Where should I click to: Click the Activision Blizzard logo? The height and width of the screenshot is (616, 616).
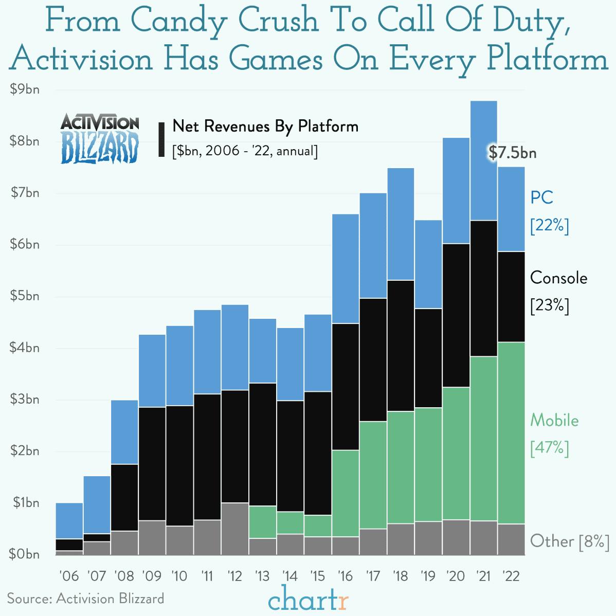click(x=100, y=138)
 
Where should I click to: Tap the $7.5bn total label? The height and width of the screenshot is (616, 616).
click(x=512, y=153)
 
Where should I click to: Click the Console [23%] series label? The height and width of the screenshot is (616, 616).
click(x=558, y=291)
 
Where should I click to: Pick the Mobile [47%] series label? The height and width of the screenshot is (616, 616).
click(x=554, y=434)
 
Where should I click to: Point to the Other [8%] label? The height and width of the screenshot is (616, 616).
click(x=569, y=541)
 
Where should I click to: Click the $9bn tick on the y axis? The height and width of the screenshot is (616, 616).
click(x=25, y=89)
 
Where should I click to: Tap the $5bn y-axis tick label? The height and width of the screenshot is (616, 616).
click(x=25, y=296)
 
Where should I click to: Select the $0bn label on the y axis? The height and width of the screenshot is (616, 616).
click(x=25, y=554)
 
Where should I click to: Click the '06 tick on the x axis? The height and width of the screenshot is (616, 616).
click(x=69, y=576)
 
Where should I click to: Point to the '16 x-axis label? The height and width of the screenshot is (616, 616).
click(x=345, y=576)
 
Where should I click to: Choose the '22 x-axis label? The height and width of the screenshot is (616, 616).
click(x=511, y=576)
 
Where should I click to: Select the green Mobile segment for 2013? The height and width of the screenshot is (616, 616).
click(x=262, y=521)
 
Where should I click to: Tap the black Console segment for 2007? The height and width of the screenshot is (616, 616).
click(x=97, y=537)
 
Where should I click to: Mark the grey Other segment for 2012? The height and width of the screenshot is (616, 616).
click(x=234, y=529)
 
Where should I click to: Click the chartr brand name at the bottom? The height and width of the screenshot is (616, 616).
click(x=308, y=600)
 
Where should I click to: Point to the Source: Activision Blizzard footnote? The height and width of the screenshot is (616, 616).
click(x=85, y=599)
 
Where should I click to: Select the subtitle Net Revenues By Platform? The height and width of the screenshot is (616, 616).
click(x=265, y=126)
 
